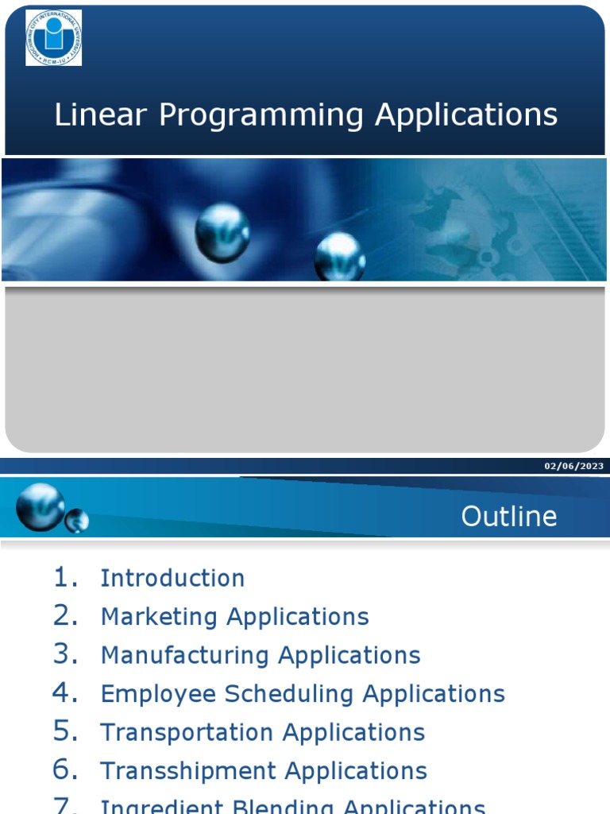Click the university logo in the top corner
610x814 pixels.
click(x=53, y=37)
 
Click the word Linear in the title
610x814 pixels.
click(x=101, y=114)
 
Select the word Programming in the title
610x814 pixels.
click(x=261, y=116)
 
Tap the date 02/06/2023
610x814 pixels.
click(x=573, y=466)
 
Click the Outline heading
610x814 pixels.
click(x=509, y=517)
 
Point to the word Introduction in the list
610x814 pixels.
click(x=172, y=578)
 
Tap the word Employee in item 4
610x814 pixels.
click(x=158, y=694)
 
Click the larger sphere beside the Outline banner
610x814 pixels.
click(x=40, y=506)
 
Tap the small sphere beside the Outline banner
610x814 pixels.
click(x=77, y=521)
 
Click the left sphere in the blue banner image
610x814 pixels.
click(x=222, y=231)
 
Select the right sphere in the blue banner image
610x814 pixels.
click(x=340, y=256)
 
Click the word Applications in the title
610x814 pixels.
click(x=466, y=114)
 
